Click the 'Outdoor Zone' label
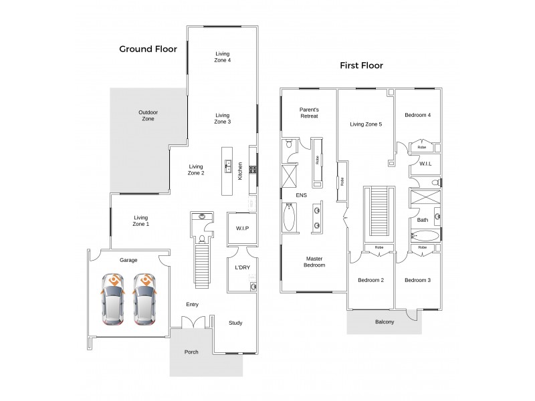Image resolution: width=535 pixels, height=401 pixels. point(148,115)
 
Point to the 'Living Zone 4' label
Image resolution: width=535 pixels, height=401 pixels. point(223,57)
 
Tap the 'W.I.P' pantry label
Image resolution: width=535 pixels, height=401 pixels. point(242,229)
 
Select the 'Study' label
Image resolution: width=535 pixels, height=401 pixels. point(235,323)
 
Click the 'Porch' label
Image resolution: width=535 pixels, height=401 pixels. point(192,352)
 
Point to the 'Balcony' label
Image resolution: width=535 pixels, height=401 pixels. point(385,322)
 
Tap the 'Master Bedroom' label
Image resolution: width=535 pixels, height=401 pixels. point(315,261)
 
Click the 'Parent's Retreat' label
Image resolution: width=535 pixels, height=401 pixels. point(309,112)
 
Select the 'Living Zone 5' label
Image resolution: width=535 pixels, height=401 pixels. point(366,124)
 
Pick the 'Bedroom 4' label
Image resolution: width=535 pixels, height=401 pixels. point(417,115)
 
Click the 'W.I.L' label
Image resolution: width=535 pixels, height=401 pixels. point(425,163)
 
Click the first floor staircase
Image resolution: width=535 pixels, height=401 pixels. point(379,213)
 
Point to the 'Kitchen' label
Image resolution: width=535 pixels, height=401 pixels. point(239,170)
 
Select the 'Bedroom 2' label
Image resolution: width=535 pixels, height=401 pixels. point(370,280)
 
